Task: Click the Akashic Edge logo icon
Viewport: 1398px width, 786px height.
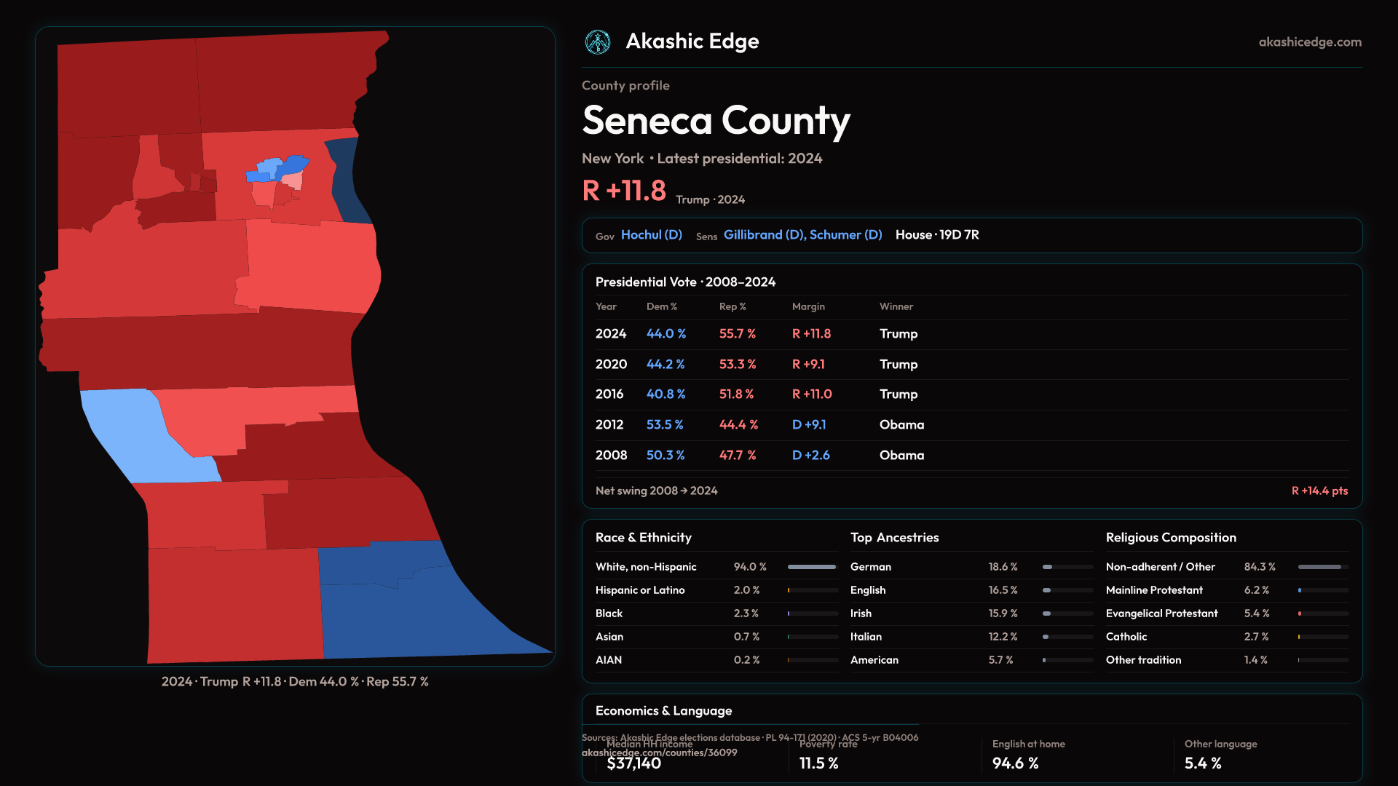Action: (598, 42)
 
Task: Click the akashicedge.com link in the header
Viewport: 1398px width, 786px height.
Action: (1310, 42)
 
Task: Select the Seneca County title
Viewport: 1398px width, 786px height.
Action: (716, 121)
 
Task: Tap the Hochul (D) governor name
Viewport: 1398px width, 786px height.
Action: (651, 235)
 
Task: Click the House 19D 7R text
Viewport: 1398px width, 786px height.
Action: (937, 235)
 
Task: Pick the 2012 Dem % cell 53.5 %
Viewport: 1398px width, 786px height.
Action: (664, 425)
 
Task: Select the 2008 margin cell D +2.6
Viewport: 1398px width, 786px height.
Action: (810, 456)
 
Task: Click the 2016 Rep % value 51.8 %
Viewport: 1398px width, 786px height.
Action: (736, 394)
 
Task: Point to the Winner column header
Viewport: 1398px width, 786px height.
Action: (896, 307)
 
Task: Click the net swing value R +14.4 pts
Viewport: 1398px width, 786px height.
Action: (1319, 491)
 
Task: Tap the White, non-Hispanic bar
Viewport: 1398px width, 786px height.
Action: (812, 567)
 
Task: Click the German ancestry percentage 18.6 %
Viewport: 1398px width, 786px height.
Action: (1003, 567)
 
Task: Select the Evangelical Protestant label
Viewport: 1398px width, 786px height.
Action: (1161, 614)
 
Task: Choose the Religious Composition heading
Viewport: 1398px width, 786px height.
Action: (1171, 538)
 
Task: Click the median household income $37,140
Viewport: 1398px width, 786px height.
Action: (633, 763)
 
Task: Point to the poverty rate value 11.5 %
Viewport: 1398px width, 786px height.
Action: (818, 763)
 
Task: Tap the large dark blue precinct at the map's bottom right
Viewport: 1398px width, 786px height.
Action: (408, 611)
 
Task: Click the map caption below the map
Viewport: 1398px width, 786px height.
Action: (295, 682)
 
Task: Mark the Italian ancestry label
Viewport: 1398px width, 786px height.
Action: (866, 637)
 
